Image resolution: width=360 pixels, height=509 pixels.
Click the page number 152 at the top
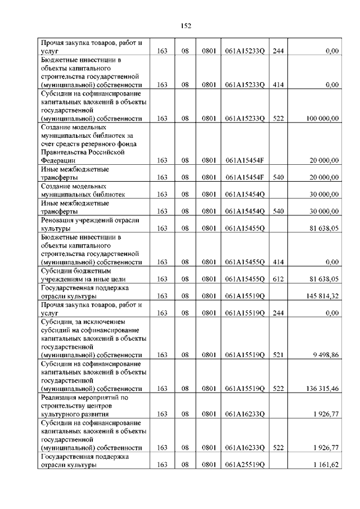pyautogui.click(x=186, y=25)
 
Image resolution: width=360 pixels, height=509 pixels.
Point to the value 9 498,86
pyautogui.click(x=325, y=355)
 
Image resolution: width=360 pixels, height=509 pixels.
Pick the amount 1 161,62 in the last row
pyautogui.click(x=325, y=464)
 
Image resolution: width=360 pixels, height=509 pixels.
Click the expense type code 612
pyautogui.click(x=277, y=278)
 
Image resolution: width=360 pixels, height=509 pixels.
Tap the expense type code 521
pyautogui.click(x=277, y=355)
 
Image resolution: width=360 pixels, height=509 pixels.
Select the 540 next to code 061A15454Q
pyautogui.click(x=277, y=211)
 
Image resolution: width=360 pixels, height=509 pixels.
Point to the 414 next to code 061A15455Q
pyautogui.click(x=277, y=262)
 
